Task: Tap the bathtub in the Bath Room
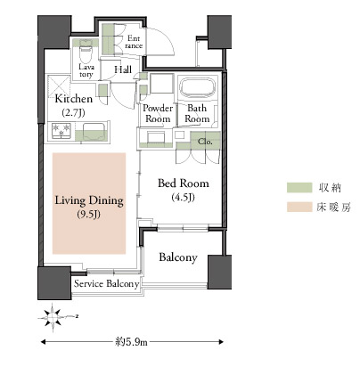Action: [198, 87]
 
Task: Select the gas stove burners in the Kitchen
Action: [61, 131]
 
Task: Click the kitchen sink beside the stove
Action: [94, 132]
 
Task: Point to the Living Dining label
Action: [89, 200]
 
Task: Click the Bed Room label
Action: [184, 183]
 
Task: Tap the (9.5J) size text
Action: [88, 215]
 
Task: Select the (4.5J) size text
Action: [184, 198]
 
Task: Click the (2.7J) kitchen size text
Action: [73, 113]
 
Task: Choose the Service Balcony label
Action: [106, 284]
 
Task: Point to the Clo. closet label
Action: [205, 142]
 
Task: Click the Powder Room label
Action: [158, 113]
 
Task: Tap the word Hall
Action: [123, 70]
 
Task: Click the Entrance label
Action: [134, 42]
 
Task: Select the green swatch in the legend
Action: [299, 188]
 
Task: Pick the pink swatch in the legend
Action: [299, 207]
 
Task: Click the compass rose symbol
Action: [53, 318]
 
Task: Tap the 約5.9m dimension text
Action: [131, 342]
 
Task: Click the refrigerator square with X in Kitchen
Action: [59, 86]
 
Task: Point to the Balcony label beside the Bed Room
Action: [178, 257]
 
